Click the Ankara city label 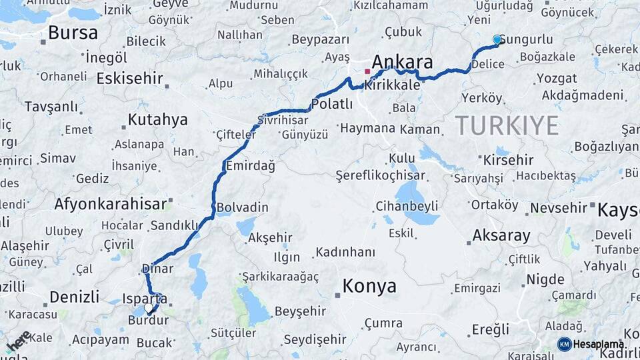coord(402,62)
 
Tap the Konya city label coord(369,287)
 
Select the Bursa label coord(73,33)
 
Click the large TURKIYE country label coord(507,125)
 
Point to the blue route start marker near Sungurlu coord(497,40)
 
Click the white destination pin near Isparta coord(149,308)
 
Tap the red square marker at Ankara coord(367,71)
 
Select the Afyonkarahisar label coord(110,204)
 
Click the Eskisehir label coord(129,79)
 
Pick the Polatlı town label coord(331,104)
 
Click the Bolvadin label coord(242,207)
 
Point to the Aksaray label coord(501,235)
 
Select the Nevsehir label coord(559,208)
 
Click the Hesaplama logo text coord(598,344)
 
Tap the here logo coord(19,341)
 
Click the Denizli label coord(75,296)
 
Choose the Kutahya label coord(157,120)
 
